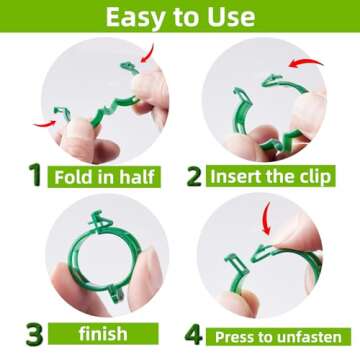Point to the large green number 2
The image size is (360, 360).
pos(193,176)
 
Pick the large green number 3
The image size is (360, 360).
pos(33,330)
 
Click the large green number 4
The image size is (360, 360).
pos(192,331)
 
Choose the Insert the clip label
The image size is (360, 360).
pos(269,177)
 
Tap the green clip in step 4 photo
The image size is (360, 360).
pos(250,262)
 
